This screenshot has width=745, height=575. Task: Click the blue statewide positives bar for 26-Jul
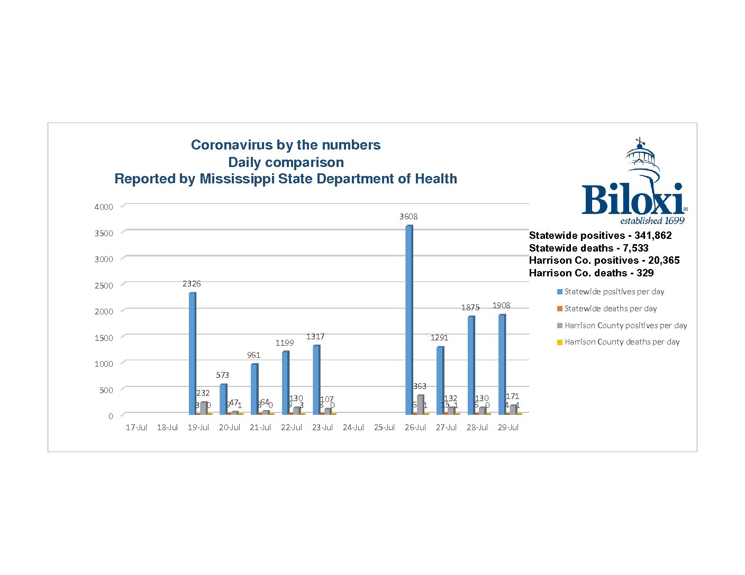click(408, 320)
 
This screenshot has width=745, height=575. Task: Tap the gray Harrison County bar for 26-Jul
click(420, 404)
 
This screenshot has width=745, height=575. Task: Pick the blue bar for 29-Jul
click(502, 364)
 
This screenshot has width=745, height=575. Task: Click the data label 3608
click(408, 217)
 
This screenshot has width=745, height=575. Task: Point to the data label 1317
click(315, 337)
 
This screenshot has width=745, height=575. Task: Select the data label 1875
click(470, 308)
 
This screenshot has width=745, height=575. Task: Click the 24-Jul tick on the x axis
click(353, 428)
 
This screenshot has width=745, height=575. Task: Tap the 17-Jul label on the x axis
click(136, 428)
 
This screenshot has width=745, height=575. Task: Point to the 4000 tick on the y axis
click(104, 207)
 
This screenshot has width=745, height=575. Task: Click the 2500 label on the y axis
click(104, 286)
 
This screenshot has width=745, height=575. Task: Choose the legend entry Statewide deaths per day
click(611, 309)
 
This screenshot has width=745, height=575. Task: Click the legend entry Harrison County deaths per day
click(622, 342)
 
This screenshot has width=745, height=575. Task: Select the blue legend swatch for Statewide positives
click(560, 292)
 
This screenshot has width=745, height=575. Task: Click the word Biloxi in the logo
click(632, 199)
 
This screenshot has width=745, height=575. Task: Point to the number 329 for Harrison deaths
click(645, 273)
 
